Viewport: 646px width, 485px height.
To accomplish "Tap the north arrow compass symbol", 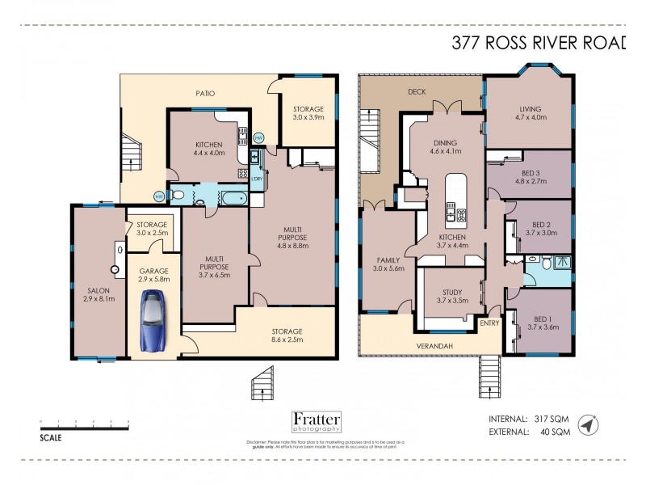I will (x=588, y=425).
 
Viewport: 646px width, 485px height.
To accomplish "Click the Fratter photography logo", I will (x=316, y=422).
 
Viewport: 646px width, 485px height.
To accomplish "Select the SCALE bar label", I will (x=50, y=437).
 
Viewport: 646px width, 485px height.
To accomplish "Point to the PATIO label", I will (x=206, y=94).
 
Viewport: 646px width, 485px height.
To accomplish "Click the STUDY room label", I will (x=451, y=293).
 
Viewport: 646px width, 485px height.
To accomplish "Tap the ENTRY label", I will (x=489, y=324).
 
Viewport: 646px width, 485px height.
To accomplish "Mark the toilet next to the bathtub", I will (x=178, y=195).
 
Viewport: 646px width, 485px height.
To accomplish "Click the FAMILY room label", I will (x=388, y=260).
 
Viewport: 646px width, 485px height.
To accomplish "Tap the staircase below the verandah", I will (x=489, y=373).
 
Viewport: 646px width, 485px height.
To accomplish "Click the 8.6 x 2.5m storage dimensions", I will (x=287, y=341).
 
